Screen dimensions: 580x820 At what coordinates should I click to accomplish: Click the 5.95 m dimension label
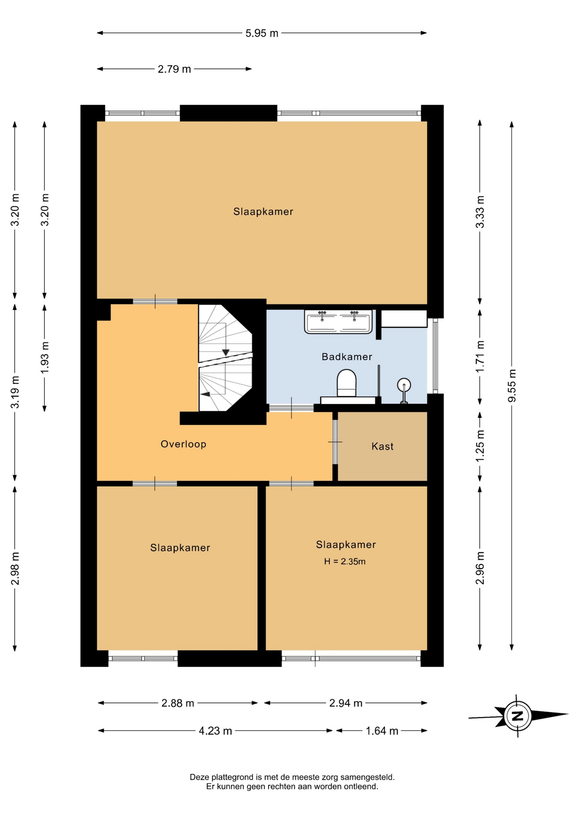261,33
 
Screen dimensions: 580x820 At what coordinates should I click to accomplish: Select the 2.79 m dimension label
174,69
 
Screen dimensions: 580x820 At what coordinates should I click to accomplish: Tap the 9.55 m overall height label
512,385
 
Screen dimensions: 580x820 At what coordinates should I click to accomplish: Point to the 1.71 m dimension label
480,356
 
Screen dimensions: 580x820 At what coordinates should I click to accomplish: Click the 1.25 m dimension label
480,445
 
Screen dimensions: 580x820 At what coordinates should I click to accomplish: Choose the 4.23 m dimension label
215,731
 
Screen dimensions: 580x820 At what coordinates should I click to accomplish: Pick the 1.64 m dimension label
382,731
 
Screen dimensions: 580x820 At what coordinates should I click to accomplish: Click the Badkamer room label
347,357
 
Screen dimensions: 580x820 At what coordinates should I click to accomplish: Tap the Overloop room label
183,444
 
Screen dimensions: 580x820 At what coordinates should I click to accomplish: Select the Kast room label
382,446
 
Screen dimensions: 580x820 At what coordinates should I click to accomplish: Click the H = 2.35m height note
345,562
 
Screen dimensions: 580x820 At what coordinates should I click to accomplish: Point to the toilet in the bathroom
346,383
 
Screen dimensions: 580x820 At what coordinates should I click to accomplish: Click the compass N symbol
518,716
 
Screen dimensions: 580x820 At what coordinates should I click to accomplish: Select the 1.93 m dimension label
44,357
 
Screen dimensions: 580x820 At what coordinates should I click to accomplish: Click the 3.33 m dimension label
480,212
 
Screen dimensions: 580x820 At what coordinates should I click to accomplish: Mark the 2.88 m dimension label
178,703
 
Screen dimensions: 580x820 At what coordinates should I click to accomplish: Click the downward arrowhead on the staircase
226,352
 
